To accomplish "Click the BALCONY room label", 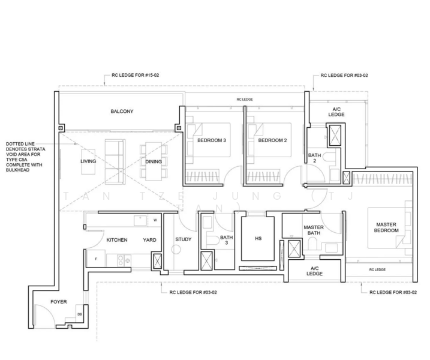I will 122,112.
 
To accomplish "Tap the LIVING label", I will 88,162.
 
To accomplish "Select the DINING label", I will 154,162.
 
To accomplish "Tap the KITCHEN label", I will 117,240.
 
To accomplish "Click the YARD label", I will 150,240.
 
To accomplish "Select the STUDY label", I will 183,240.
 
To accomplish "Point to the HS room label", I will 258,239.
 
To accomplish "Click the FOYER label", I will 58,302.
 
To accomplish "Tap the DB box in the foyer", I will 79,313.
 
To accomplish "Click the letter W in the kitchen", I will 155,220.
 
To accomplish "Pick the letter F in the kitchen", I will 96,259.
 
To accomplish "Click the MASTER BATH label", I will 314,231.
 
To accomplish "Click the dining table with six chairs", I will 154,160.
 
